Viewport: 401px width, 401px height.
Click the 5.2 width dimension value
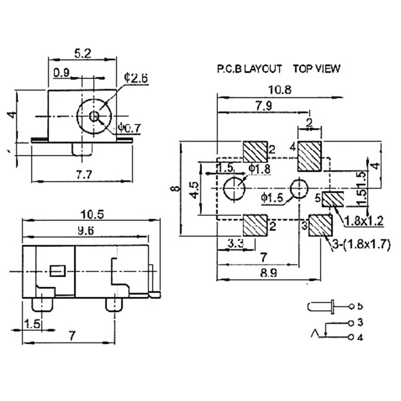point(82,52)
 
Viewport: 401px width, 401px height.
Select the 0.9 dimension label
point(62,73)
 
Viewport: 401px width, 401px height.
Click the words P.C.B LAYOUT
point(249,69)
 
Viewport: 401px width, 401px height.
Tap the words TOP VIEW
point(316,69)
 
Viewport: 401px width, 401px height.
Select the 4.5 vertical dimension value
point(193,190)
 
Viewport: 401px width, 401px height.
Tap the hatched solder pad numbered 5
point(332,199)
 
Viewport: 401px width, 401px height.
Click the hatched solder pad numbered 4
point(309,156)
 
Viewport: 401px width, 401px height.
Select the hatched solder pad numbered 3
point(320,226)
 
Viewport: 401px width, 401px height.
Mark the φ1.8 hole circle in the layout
point(234,189)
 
